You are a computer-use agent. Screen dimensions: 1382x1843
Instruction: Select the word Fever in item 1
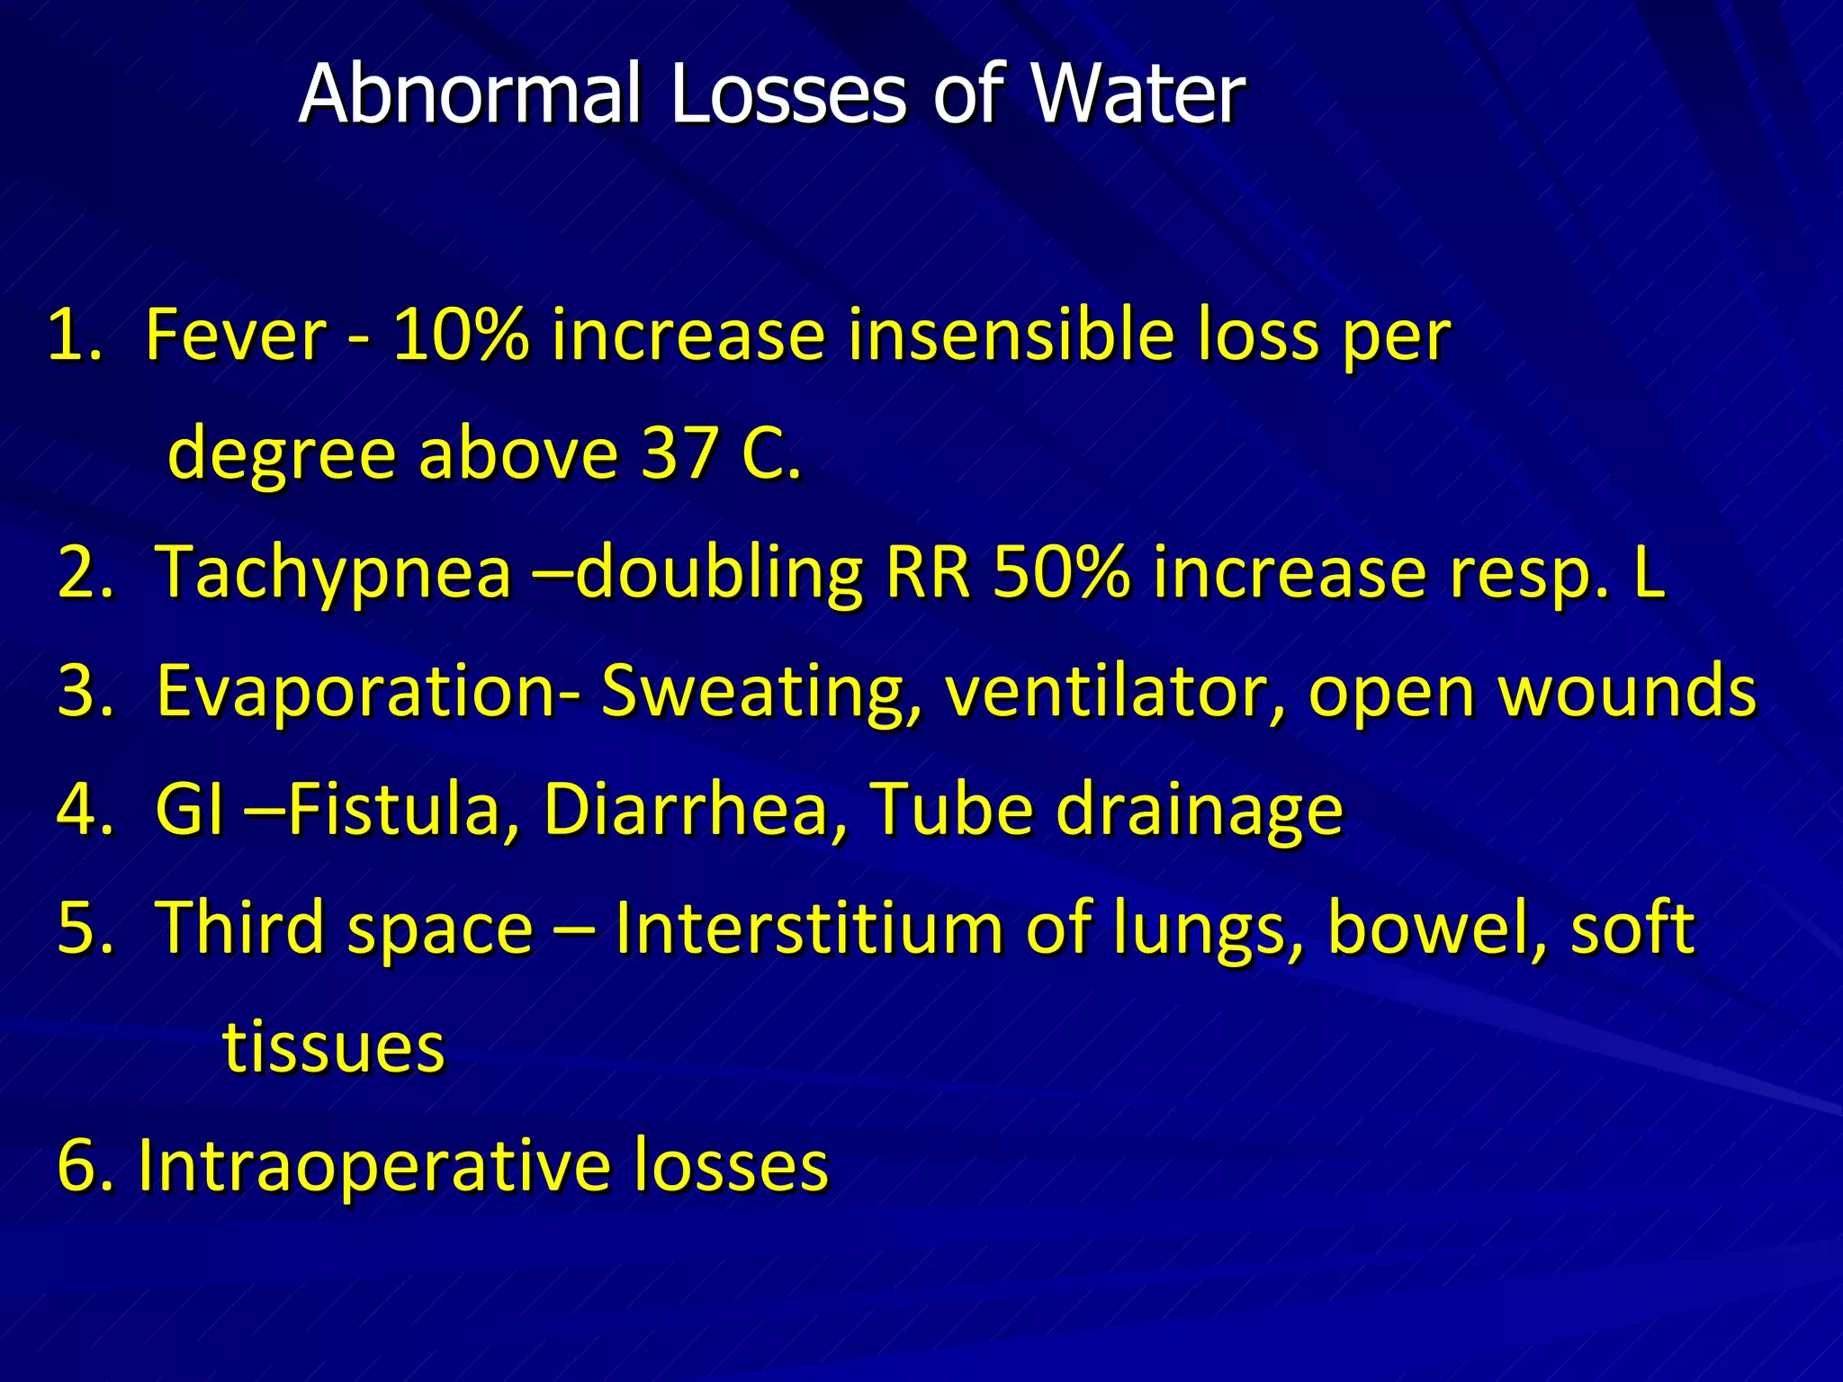[236, 335]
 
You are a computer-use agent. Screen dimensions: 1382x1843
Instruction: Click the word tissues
[334, 1047]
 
